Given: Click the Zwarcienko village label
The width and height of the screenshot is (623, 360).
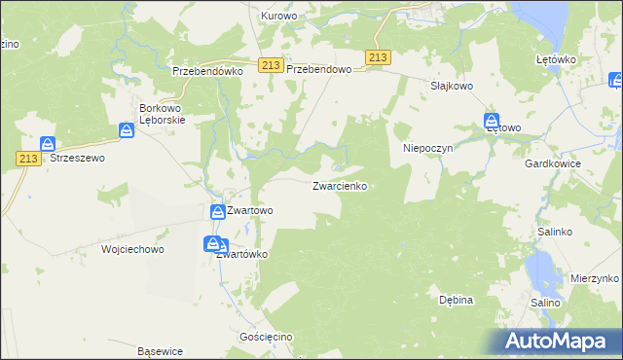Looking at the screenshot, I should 340,185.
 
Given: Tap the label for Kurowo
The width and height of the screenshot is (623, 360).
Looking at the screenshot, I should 277,17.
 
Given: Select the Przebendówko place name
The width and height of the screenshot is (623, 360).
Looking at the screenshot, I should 206,71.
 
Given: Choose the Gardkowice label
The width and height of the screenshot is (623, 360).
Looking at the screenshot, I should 552,164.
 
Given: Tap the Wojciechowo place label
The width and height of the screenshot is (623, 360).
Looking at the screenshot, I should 132,249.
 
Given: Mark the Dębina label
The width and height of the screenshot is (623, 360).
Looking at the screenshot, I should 456,300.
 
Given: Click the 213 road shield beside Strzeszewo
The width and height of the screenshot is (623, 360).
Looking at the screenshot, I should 26,157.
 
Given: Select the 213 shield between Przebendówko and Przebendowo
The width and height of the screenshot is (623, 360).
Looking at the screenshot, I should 272,64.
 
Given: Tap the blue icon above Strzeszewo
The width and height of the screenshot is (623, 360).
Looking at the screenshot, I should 48,144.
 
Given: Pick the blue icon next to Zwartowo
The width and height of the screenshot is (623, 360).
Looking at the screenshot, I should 217,210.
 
